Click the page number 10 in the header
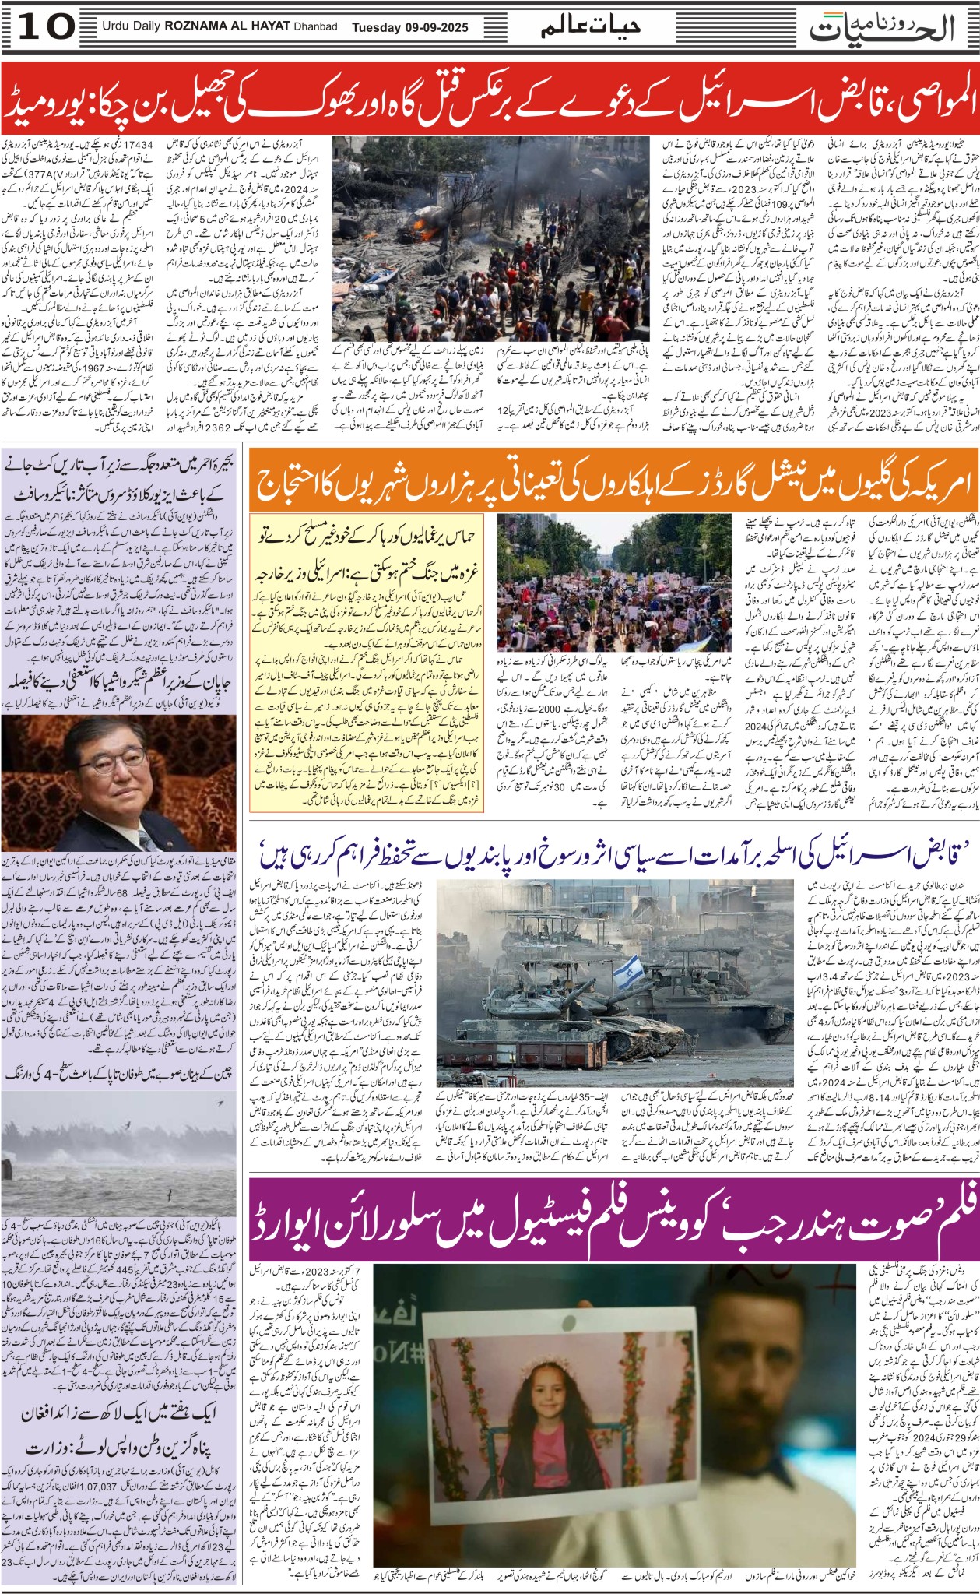point(47,27)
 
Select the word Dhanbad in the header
point(315,27)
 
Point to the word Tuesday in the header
point(376,27)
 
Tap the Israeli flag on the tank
point(628,971)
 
